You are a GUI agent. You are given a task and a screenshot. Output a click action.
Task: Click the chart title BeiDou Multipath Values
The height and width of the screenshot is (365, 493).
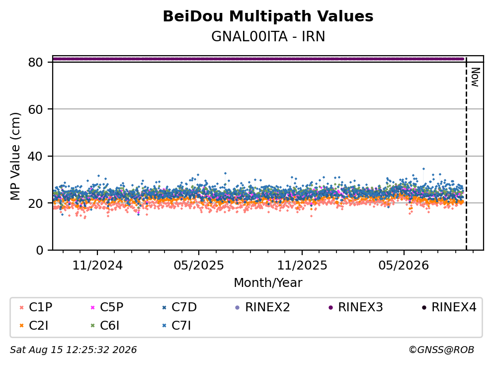[268, 16]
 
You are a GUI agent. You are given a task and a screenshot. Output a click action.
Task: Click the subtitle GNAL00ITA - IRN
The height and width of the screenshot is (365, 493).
[268, 36]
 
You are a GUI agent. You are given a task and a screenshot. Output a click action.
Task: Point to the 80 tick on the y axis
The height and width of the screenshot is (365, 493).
[35, 62]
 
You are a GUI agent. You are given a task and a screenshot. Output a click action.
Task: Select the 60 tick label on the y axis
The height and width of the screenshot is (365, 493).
[35, 109]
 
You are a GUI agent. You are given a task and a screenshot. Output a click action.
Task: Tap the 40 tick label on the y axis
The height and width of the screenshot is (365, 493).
[35, 156]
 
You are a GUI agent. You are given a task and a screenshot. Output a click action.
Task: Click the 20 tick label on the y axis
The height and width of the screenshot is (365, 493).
[35, 203]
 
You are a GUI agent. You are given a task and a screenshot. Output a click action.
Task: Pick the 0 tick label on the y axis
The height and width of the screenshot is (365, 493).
[39, 250]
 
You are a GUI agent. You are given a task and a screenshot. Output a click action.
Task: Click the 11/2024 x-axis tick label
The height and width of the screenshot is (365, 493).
[97, 266]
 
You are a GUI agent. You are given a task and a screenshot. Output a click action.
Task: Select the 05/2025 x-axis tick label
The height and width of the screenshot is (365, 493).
[199, 266]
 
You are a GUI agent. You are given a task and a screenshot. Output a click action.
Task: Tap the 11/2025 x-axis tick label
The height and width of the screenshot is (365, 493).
[302, 266]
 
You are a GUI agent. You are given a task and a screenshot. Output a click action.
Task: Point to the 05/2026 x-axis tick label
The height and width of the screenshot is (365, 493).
[404, 266]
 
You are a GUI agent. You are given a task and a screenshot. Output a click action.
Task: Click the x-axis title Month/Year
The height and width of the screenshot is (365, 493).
[268, 282]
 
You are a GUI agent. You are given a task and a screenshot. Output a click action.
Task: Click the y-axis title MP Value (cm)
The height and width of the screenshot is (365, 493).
[15, 156]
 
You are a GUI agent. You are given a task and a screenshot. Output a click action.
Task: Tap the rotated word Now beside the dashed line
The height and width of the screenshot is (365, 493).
[476, 77]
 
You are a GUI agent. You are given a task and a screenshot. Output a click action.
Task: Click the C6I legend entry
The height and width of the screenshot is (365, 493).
[105, 326]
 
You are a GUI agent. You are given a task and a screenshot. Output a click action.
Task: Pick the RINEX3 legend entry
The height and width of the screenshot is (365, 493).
[356, 307]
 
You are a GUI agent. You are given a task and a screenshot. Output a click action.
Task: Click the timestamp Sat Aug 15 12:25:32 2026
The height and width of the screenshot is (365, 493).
[73, 350]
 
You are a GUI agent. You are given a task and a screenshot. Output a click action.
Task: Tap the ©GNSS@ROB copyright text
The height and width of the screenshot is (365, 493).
[441, 350]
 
